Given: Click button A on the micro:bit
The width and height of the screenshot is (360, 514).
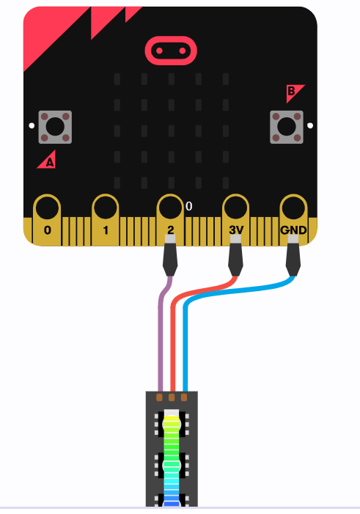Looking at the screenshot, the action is coord(55,127).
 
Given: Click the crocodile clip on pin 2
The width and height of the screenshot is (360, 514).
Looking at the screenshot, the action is coord(170,256).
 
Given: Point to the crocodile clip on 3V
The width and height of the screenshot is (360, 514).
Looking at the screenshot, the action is coord(236,256).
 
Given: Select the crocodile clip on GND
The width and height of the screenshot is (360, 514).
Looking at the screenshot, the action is coord(293,256).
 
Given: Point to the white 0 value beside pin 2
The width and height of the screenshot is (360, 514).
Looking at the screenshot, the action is coord(189,206).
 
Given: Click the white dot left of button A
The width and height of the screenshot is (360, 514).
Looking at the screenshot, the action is coord(32,125).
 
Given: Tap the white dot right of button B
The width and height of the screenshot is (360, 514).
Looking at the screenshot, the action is coord(310,125).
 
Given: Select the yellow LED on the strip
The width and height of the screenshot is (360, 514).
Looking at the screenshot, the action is coord(172,425).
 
